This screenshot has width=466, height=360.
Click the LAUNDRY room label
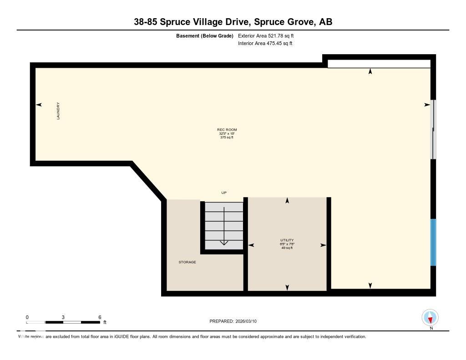58,111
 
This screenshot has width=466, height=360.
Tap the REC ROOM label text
227,130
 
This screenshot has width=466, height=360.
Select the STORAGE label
187,262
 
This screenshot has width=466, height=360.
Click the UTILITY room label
287,240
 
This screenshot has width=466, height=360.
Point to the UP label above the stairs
224,193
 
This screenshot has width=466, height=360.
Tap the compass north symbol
430,317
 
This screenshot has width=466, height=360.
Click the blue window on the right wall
433,242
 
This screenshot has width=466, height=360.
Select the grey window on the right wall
434,129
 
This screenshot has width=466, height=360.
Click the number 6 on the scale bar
99,317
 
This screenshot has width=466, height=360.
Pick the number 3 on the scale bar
63,317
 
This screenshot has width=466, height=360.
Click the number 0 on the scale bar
27,317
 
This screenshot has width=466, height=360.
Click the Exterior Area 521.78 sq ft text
269,35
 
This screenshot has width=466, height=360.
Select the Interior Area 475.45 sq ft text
265,44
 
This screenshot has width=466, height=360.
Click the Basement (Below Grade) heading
205,35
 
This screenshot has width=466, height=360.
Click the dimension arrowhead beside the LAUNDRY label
39,105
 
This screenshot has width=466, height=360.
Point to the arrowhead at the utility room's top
287,201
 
